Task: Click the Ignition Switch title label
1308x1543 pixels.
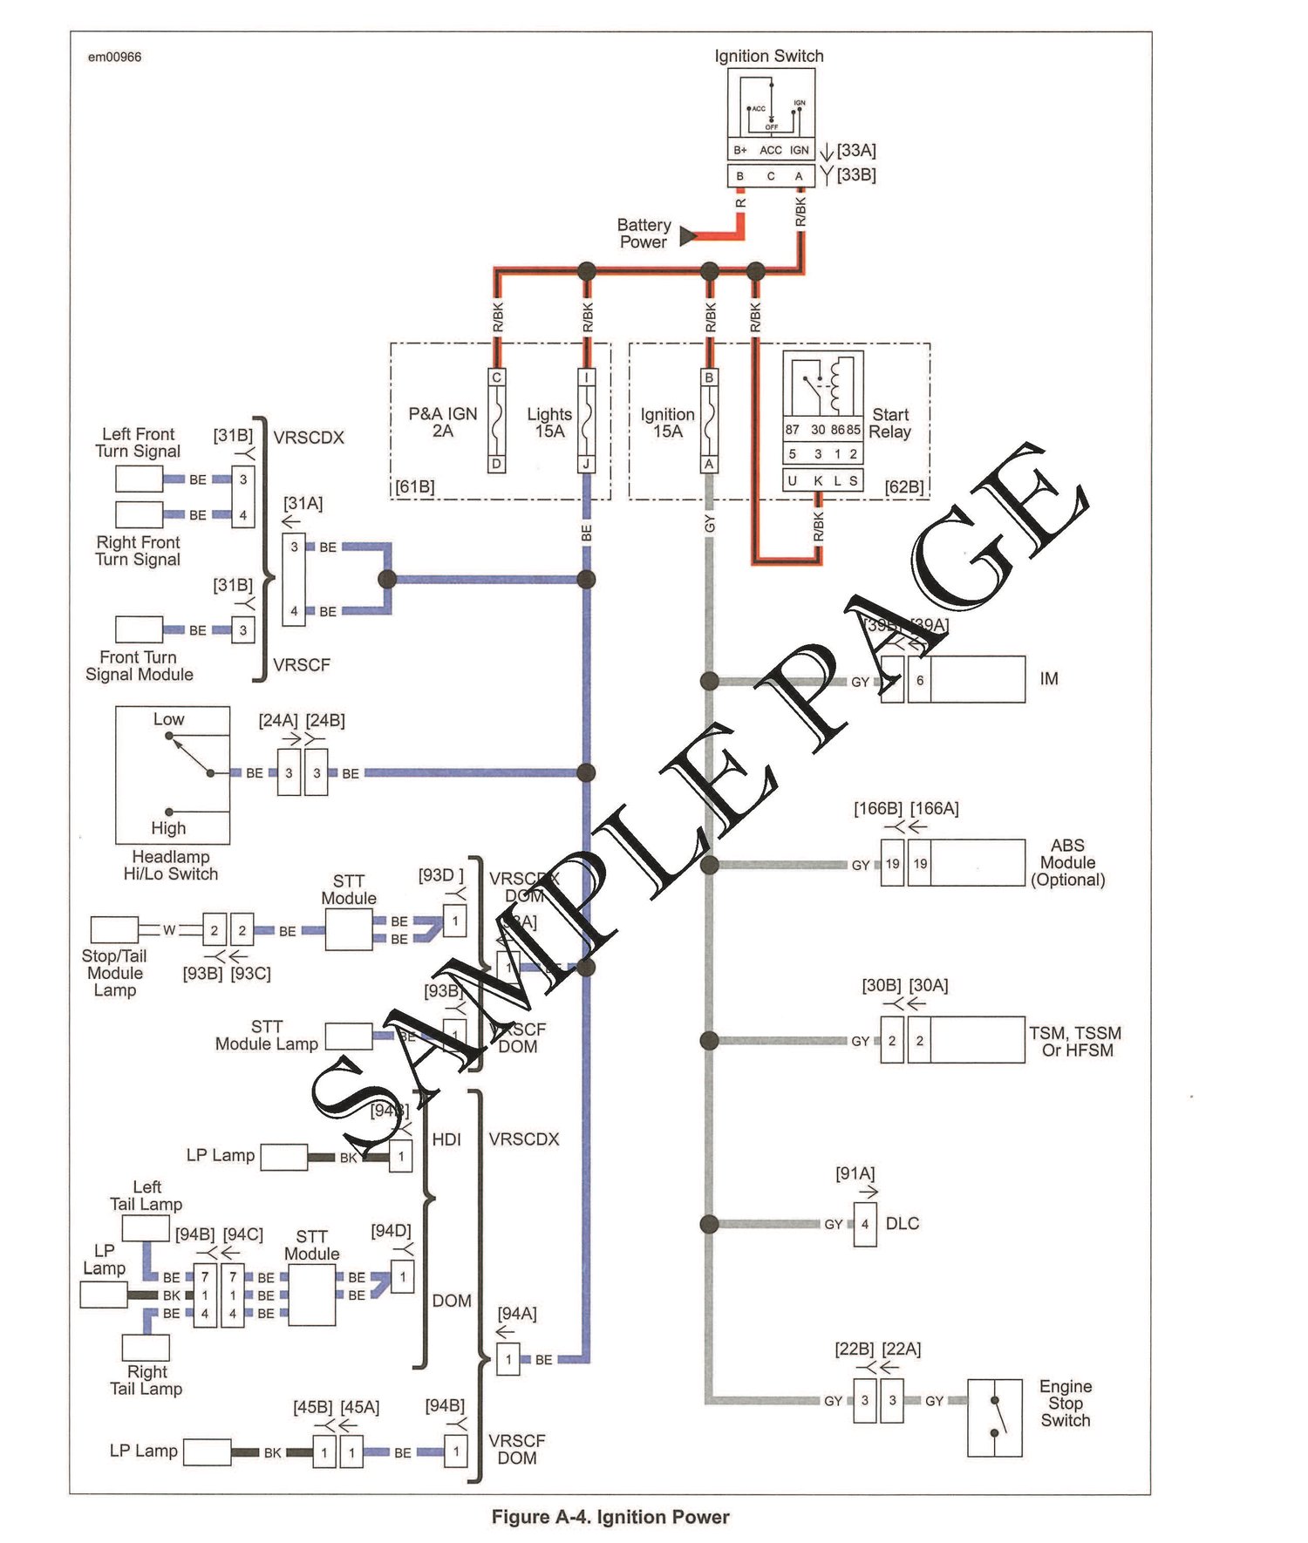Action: pyautogui.click(x=768, y=56)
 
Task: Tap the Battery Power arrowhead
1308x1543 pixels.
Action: pyautogui.click(x=688, y=235)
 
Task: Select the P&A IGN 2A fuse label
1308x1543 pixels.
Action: pyautogui.click(x=443, y=422)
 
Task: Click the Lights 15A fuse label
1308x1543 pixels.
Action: pyautogui.click(x=549, y=422)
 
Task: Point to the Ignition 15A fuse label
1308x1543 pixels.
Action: pyautogui.click(x=667, y=422)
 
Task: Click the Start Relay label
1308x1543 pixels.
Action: pyautogui.click(x=889, y=423)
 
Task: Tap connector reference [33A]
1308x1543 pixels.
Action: pyautogui.click(x=856, y=150)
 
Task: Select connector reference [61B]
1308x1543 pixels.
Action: pyautogui.click(x=415, y=486)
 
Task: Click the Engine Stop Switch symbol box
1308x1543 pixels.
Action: pyautogui.click(x=994, y=1417)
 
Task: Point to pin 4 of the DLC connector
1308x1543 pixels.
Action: pyautogui.click(x=865, y=1224)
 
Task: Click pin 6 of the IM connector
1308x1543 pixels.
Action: pyautogui.click(x=919, y=680)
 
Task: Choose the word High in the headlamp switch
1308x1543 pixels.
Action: pyautogui.click(x=168, y=827)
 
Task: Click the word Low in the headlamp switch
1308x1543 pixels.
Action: pyautogui.click(x=168, y=719)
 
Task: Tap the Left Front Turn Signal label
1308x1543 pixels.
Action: pyautogui.click(x=138, y=442)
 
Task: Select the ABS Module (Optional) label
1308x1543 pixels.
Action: pyautogui.click(x=1067, y=862)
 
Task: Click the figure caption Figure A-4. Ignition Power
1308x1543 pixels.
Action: pyautogui.click(x=610, y=1517)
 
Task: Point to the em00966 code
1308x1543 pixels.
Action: pyautogui.click(x=114, y=58)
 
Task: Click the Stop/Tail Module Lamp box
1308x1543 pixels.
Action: pyautogui.click(x=114, y=928)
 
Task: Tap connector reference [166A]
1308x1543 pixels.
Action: pyautogui.click(x=934, y=808)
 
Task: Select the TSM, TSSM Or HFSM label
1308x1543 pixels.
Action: pyautogui.click(x=1075, y=1041)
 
